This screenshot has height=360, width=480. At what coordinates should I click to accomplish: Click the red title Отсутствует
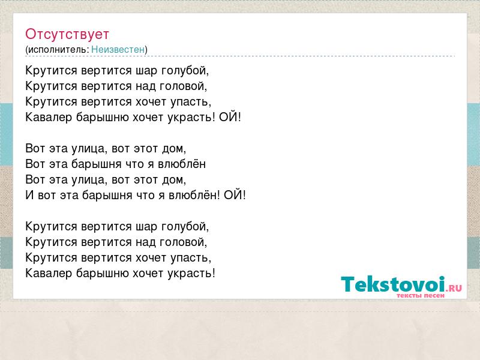(x=67, y=34)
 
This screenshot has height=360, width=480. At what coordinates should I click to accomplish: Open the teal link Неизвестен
(x=118, y=50)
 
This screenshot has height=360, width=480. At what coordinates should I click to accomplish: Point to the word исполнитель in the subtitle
(x=58, y=50)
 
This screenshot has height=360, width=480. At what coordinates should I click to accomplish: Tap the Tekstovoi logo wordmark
(x=393, y=284)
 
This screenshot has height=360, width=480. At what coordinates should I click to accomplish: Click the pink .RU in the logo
(x=454, y=288)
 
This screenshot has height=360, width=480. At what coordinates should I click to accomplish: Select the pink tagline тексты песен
(x=421, y=296)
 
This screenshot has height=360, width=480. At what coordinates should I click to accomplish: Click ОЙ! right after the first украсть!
(x=230, y=117)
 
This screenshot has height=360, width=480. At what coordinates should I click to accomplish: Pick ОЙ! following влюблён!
(x=235, y=196)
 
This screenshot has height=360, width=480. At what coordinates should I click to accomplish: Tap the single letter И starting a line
(x=29, y=196)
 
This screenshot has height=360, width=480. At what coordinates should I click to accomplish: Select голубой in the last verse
(x=185, y=227)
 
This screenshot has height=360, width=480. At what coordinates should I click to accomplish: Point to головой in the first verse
(x=184, y=86)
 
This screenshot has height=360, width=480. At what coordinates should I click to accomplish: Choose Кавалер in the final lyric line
(x=49, y=273)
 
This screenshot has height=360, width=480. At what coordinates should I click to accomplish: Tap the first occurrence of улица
(x=89, y=149)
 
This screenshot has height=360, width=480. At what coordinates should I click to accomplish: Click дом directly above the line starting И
(x=174, y=179)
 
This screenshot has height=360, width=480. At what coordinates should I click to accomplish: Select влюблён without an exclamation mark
(x=182, y=164)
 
